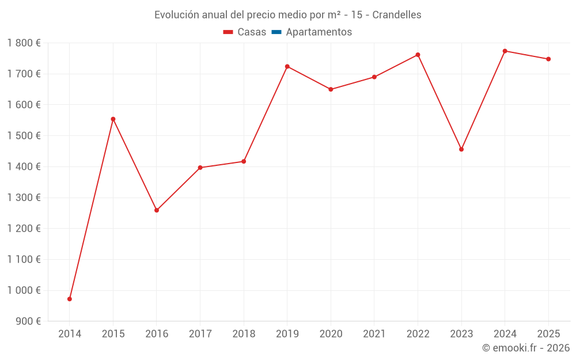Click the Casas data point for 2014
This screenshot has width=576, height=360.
pos(70,299)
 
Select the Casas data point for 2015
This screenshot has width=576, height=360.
pos(113,119)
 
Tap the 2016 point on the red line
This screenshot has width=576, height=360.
pos(157,210)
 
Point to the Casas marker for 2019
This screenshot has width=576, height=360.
pos(287,66)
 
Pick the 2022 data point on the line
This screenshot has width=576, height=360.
pos(418,55)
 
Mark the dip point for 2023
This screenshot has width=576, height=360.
pos(461,149)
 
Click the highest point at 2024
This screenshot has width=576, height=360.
pos(505,51)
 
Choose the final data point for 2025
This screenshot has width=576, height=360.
pos(548,59)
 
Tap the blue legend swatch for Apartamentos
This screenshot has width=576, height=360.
pos(276,32)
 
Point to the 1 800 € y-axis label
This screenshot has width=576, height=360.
pos(24,43)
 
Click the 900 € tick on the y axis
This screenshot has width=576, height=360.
pos(27,321)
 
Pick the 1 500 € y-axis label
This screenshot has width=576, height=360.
pos(24,136)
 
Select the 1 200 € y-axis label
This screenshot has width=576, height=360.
pos(24,229)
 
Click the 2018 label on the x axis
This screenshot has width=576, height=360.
pos(244,334)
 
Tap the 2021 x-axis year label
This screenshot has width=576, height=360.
pos(374,334)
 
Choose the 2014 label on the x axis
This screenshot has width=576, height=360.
pos(70,334)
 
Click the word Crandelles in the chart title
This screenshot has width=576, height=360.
pos(397,15)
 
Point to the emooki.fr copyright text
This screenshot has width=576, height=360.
pos(526,348)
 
